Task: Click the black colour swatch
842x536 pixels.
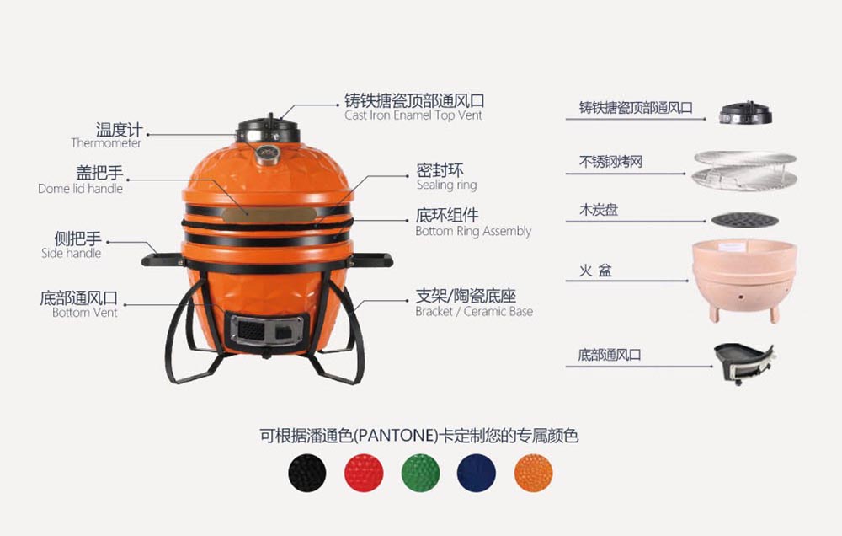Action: pyautogui.click(x=307, y=473)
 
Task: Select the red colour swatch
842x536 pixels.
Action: pyautogui.click(x=364, y=473)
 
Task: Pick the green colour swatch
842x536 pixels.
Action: pyautogui.click(x=420, y=473)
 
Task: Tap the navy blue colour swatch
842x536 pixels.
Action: pyautogui.click(x=477, y=473)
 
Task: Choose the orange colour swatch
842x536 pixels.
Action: pyautogui.click(x=533, y=473)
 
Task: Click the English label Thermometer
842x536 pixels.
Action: pyautogui.click(x=106, y=143)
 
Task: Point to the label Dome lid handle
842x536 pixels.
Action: pyautogui.click(x=81, y=189)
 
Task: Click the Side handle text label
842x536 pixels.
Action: pyautogui.click(x=72, y=253)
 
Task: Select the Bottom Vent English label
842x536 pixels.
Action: pyautogui.click(x=85, y=313)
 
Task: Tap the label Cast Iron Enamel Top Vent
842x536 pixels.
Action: pyautogui.click(x=413, y=115)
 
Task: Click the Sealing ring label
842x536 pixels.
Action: pyautogui.click(x=447, y=185)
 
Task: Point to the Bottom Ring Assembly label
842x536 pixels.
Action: pyautogui.click(x=473, y=231)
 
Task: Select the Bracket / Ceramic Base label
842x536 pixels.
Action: pyautogui.click(x=474, y=311)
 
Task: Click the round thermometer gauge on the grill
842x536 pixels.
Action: pyautogui.click(x=267, y=153)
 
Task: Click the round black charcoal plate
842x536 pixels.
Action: pyautogui.click(x=745, y=220)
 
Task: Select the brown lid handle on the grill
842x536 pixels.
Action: pyautogui.click(x=269, y=215)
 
